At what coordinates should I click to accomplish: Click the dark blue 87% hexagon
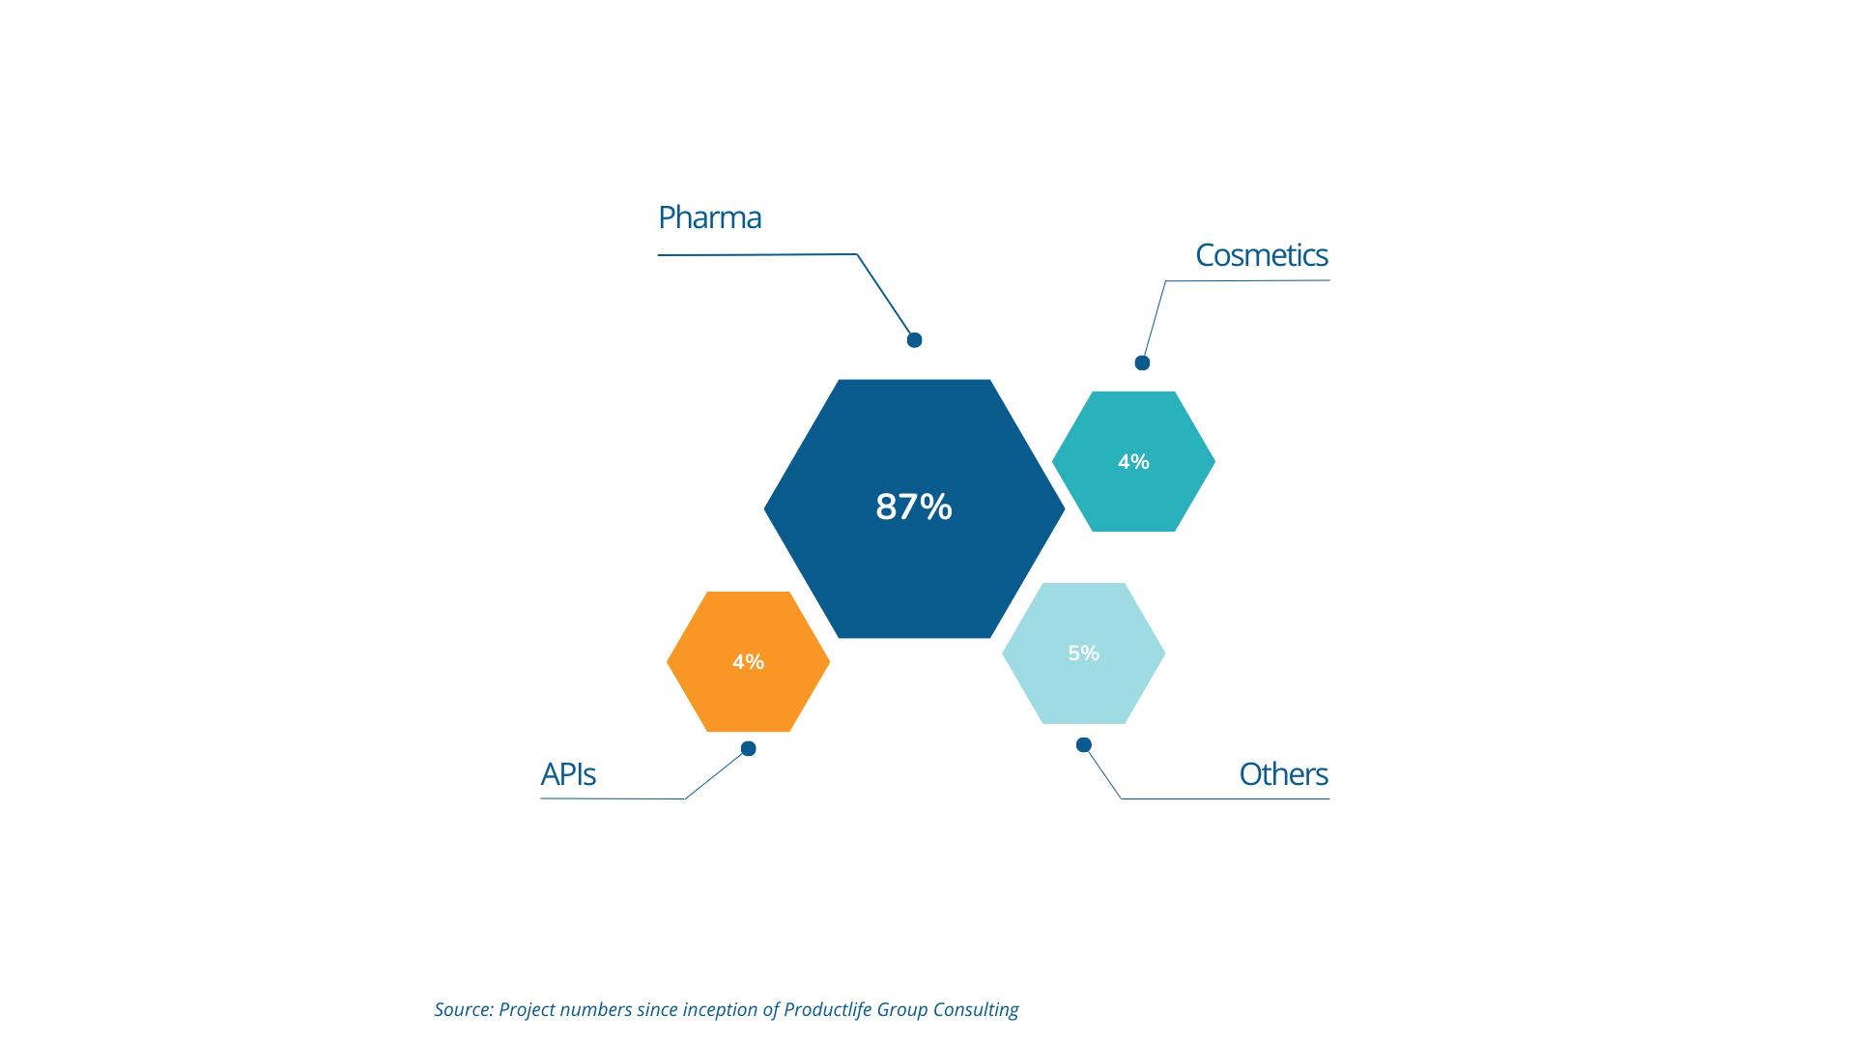[914, 508]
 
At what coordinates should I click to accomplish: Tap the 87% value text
[914, 507]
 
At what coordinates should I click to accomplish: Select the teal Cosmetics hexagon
[1133, 461]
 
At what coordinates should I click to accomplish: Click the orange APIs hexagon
[748, 661]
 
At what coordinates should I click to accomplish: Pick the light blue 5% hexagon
[1083, 653]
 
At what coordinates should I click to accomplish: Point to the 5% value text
[1083, 653]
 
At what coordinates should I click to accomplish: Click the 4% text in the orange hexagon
[748, 662]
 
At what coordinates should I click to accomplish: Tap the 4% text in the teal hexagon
[1133, 462]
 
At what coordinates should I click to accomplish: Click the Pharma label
[709, 218]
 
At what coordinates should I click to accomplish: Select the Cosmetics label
[1262, 255]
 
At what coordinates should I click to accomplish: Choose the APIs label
[568, 774]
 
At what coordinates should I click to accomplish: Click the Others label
[1284, 774]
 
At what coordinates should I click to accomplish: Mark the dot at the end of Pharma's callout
[914, 339]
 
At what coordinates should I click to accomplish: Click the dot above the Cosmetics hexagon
[1142, 362]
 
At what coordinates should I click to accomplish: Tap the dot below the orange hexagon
[748, 748]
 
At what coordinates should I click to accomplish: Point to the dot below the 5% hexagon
[1084, 744]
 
